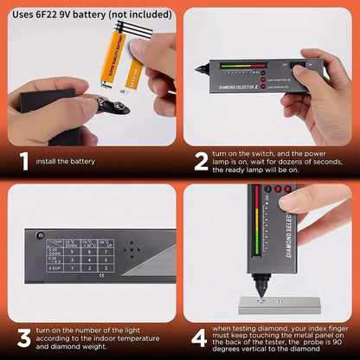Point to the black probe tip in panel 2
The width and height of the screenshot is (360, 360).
coord(197,67)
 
